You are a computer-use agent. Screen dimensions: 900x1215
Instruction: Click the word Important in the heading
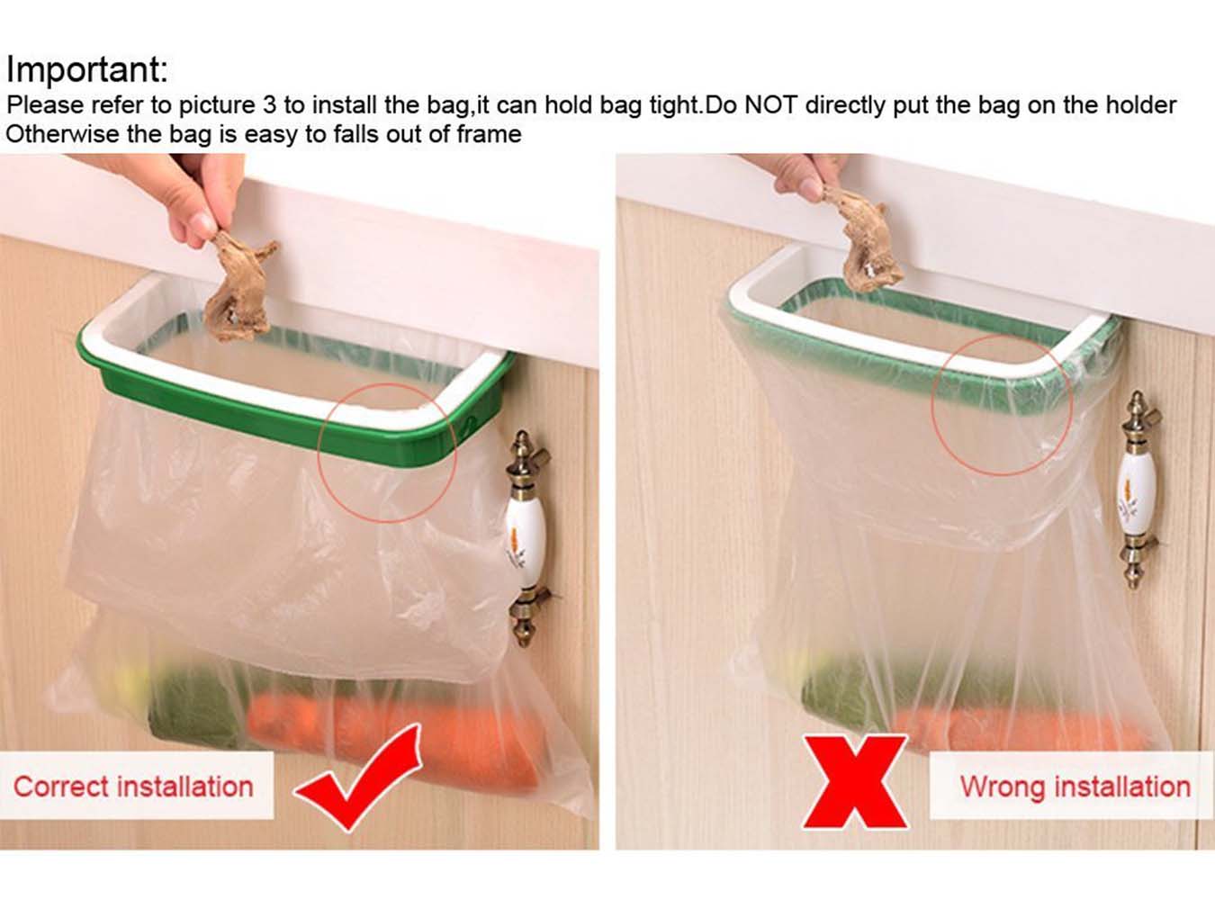(x=85, y=70)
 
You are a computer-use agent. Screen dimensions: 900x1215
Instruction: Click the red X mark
(x=855, y=781)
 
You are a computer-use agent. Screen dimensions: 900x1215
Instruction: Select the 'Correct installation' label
(x=133, y=787)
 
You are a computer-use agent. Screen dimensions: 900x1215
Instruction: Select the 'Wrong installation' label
(x=1075, y=787)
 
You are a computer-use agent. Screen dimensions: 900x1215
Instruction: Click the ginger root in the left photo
(x=236, y=288)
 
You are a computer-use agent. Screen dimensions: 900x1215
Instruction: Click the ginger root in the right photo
(x=869, y=243)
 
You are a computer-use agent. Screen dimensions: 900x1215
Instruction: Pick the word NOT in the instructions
(x=770, y=105)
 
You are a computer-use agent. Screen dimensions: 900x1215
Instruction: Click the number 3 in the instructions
(x=269, y=105)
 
